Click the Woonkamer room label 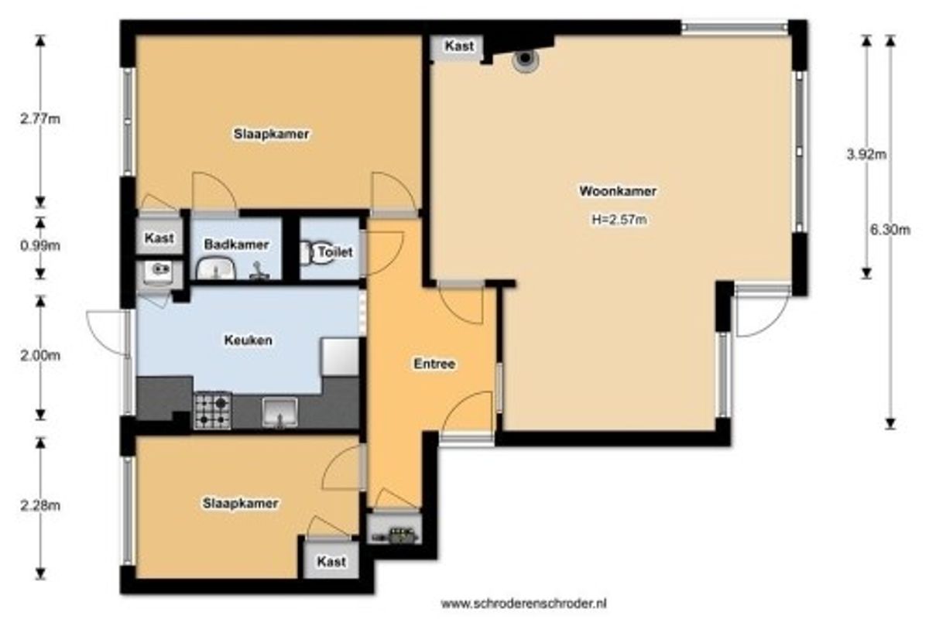pos(618,191)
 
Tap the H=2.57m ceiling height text pos(619,219)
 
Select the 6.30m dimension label pos(890,230)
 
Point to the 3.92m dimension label pos(866,155)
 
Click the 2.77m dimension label pos(40,119)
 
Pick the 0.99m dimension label pos(40,246)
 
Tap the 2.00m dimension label pos(40,355)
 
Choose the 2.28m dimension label pos(40,505)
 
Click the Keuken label pos(248,340)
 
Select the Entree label pos(434,364)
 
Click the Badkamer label pos(236,245)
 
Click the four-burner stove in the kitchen pos(212,410)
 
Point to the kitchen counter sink pos(279,412)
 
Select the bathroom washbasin pos(216,268)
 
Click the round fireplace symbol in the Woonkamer pos(525,59)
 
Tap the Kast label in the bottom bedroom pos(331,562)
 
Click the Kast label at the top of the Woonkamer pos(459,46)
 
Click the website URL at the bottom pos(523,604)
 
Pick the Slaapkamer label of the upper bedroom pos(271,134)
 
